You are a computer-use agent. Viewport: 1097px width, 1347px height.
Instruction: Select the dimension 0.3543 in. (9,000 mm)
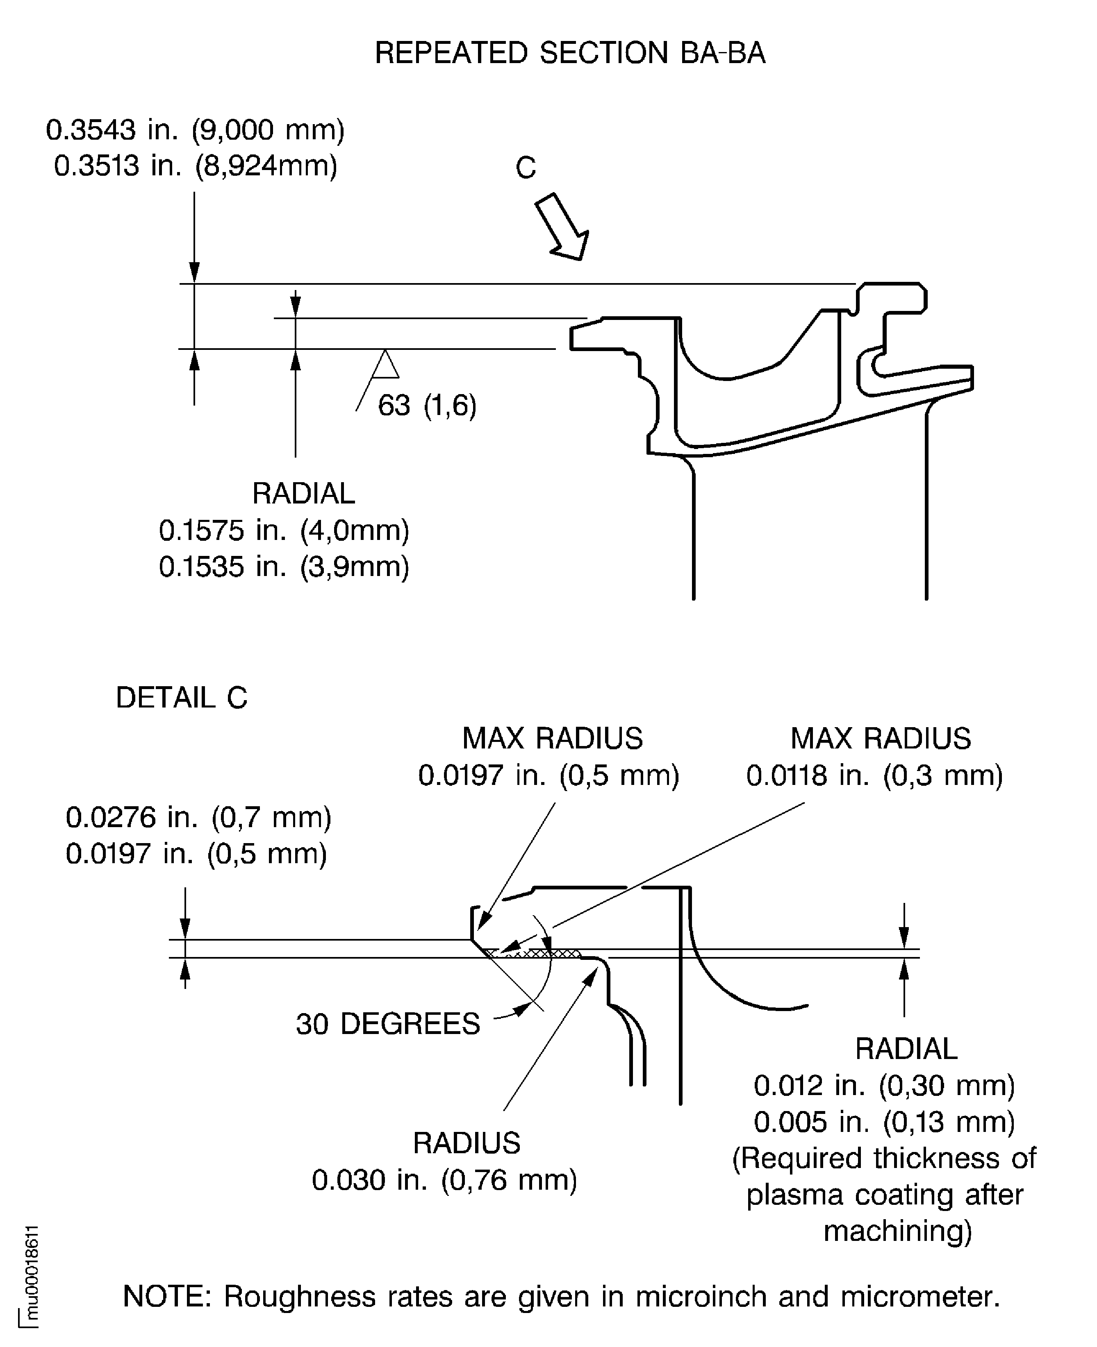pyautogui.click(x=195, y=130)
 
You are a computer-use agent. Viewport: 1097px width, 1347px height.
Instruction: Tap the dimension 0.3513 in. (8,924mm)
pyautogui.click(x=195, y=166)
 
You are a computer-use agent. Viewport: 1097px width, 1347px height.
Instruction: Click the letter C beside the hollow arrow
pyautogui.click(x=525, y=168)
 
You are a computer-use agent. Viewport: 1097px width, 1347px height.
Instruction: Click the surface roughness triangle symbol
pyautogui.click(x=385, y=366)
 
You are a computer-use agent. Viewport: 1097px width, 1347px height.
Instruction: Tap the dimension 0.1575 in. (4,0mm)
pyautogui.click(x=284, y=531)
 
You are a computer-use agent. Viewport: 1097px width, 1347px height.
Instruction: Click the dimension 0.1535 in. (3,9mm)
pyautogui.click(x=284, y=567)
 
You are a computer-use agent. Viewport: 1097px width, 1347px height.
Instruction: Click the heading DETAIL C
pyautogui.click(x=181, y=698)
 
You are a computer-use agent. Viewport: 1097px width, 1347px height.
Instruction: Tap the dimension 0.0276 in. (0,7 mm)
pyautogui.click(x=198, y=817)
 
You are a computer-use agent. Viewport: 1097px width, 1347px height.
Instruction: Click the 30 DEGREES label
pyautogui.click(x=387, y=1024)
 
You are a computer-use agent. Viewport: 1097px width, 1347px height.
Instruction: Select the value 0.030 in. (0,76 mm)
pyautogui.click(x=444, y=1180)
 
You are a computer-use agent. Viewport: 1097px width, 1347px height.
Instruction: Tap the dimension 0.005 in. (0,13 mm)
pyautogui.click(x=884, y=1122)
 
